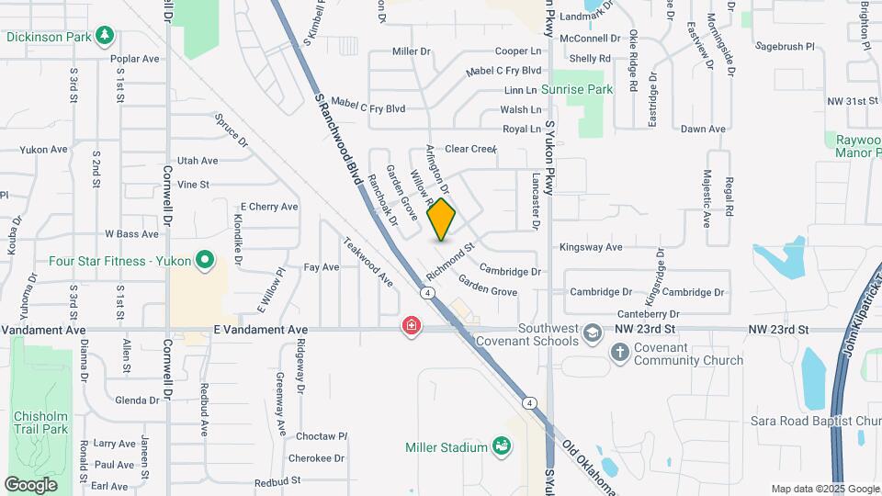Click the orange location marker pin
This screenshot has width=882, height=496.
click(x=441, y=219)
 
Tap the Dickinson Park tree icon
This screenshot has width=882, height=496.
click(x=106, y=36)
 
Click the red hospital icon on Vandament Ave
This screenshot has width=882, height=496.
click(x=412, y=325)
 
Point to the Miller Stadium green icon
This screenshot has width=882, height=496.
click(x=502, y=446)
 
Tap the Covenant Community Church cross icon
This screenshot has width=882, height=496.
click(x=620, y=352)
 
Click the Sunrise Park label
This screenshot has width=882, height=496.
click(x=576, y=90)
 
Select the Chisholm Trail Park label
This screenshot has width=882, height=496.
click(x=40, y=423)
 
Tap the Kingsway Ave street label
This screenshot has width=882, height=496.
click(x=591, y=247)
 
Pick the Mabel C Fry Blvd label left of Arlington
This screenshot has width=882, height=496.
click(x=367, y=108)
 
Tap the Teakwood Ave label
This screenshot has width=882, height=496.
click(x=368, y=262)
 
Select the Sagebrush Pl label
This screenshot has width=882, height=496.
click(x=784, y=45)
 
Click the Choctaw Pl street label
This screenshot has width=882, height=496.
click(x=317, y=436)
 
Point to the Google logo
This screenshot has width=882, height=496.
click(x=30, y=484)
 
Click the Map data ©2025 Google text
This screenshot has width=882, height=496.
click(x=825, y=489)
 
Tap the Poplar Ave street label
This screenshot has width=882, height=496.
click(x=134, y=59)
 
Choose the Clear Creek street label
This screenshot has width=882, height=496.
click(x=470, y=149)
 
